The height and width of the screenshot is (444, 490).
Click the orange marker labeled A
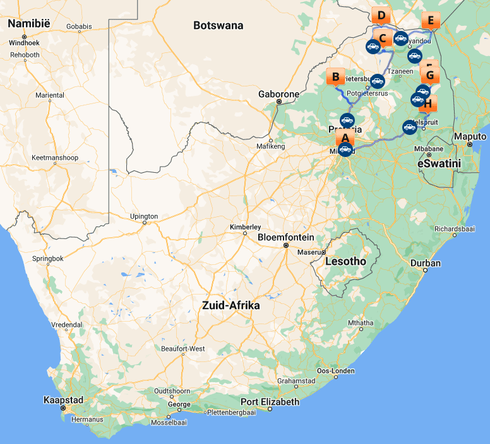(345, 135)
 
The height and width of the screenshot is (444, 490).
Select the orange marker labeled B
(335, 77)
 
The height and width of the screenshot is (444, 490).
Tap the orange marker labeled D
(381, 16)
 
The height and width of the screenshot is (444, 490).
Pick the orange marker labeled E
(431, 20)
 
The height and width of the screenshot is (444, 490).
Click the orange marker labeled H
(427, 103)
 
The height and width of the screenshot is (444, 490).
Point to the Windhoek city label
(24, 43)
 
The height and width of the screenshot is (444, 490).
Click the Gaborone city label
(278, 94)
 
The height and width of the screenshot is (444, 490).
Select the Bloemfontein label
(285, 238)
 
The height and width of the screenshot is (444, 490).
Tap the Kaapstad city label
(63, 400)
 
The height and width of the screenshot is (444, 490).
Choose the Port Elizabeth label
(270, 402)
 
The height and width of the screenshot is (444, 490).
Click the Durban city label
(425, 263)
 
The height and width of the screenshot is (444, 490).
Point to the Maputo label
(470, 137)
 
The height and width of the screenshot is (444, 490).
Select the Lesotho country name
(345, 261)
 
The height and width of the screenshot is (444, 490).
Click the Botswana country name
(218, 26)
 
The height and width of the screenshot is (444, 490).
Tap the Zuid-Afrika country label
(230, 305)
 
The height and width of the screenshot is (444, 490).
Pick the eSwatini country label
(439, 163)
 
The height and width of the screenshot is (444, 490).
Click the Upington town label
(143, 216)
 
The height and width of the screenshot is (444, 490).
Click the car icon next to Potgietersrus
(377, 81)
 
